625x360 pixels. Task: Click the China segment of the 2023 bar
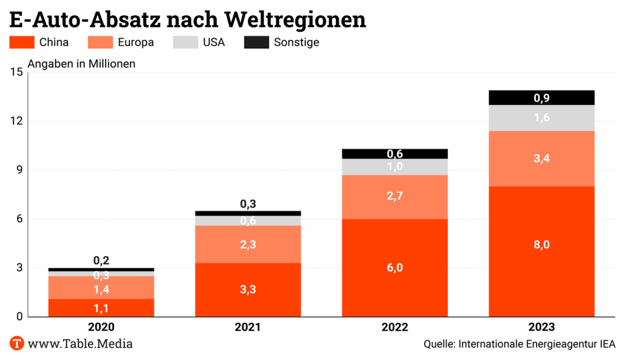point(541,268)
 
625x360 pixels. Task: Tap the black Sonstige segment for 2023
point(541,98)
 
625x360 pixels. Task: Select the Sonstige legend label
point(297,42)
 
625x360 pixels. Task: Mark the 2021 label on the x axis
point(248,327)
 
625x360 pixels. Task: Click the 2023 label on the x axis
point(541,327)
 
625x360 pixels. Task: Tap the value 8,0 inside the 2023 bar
point(541,245)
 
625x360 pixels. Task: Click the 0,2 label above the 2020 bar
point(101,261)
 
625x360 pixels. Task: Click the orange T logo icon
point(17,344)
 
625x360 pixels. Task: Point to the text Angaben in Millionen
point(82,63)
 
